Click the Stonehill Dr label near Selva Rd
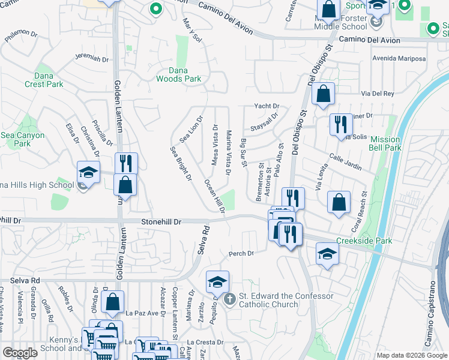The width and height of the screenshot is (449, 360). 161,222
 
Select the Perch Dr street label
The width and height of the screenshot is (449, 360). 241,253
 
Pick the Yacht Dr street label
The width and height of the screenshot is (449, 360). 267,106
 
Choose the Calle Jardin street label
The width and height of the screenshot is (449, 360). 344,160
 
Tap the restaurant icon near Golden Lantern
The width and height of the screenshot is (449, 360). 126,163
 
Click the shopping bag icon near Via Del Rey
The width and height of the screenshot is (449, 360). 323,94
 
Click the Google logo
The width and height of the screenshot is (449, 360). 20,353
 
